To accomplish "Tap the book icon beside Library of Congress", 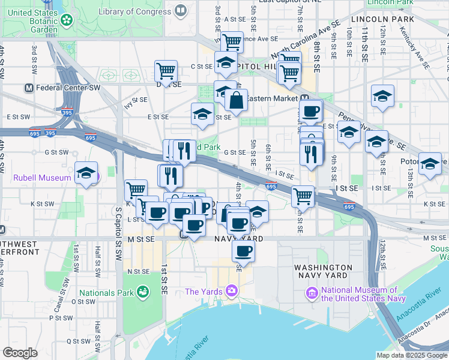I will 180,11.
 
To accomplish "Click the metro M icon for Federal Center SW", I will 28,88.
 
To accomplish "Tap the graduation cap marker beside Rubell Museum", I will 86,173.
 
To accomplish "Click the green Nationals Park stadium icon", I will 143,292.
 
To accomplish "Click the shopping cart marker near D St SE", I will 166,71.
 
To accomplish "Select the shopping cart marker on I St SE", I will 303,196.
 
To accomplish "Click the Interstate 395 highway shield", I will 67,112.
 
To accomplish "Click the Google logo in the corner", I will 20,353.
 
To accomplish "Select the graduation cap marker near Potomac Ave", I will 430,163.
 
